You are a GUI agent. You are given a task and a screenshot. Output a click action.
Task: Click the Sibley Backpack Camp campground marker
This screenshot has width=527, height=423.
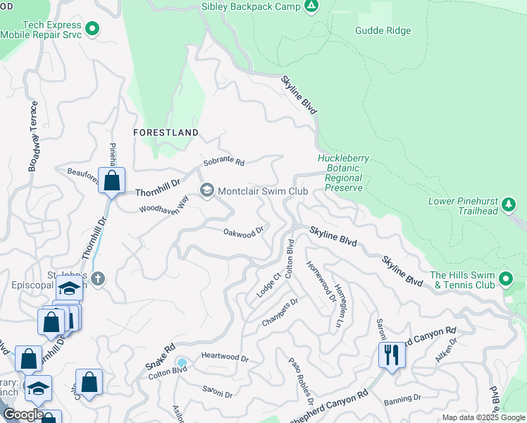pos(311,6)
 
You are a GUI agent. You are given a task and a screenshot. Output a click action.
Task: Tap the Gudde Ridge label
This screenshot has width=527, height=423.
pos(383,31)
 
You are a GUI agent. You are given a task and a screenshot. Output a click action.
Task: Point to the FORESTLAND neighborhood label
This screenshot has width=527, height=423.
pos(166,133)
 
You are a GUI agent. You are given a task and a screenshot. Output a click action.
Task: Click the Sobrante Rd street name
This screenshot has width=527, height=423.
pos(223,162)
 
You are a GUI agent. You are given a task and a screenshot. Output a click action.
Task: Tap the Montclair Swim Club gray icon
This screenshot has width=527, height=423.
pos(207,191)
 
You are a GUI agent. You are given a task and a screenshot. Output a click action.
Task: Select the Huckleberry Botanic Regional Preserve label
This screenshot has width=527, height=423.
pos(343,173)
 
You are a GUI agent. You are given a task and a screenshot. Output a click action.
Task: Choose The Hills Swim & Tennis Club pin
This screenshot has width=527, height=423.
pos(504,280)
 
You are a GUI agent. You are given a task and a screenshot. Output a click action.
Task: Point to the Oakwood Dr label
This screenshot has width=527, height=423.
pos(243,231)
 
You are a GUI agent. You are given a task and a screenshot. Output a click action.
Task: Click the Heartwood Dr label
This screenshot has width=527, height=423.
pos(225,358)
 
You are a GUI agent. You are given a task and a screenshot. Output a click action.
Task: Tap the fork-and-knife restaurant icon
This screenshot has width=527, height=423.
pos(392,354)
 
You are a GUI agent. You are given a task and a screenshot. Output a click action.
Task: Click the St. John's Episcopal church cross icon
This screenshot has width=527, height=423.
pos(98,279)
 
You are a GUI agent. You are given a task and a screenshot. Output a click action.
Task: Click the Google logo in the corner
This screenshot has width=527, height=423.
pos(23,414)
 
